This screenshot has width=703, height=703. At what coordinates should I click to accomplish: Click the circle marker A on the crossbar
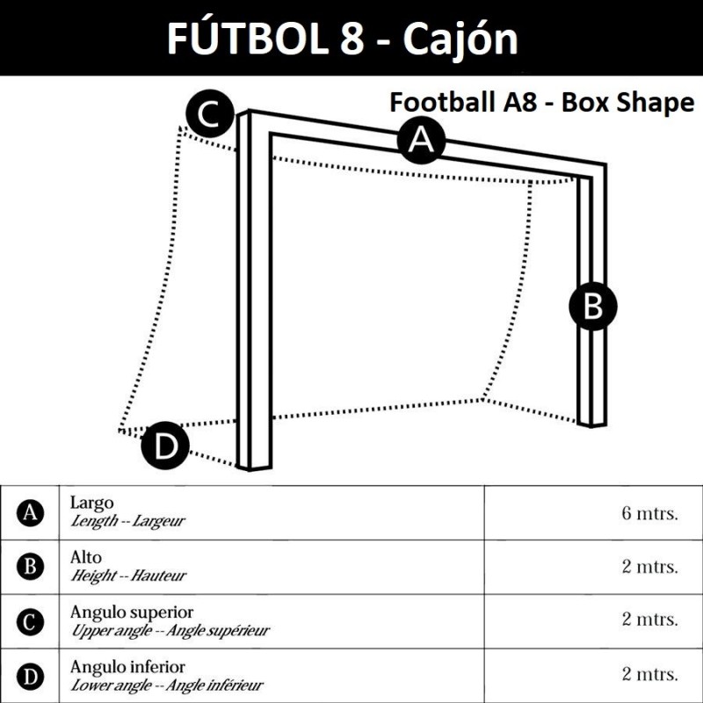[x=422, y=141]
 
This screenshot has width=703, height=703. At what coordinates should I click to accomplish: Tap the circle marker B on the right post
[x=593, y=307]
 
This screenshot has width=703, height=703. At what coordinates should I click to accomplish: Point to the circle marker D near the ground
[x=165, y=446]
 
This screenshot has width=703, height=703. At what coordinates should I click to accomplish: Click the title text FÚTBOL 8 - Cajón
[x=342, y=39]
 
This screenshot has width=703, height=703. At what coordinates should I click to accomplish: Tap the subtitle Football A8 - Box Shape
[x=541, y=103]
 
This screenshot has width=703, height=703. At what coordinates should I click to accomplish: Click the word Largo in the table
[x=91, y=504]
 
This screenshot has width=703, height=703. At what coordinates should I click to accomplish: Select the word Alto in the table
[x=86, y=558]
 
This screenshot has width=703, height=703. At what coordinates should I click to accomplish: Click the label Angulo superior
[x=132, y=612]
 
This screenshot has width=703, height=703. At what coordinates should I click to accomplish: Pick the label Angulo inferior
[x=127, y=667]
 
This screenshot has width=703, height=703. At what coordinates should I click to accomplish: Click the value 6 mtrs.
[x=649, y=513]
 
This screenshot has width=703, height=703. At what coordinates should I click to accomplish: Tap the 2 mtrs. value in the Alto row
[x=649, y=567]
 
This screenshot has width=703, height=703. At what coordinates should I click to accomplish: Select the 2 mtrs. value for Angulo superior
[x=649, y=620]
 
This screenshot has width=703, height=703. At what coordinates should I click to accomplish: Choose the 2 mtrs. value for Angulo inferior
[x=649, y=675]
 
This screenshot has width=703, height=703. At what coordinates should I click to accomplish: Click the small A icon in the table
[x=31, y=513]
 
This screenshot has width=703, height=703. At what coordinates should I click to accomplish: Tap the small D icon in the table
[x=31, y=677]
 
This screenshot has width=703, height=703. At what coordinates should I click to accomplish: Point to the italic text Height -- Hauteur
[x=128, y=576]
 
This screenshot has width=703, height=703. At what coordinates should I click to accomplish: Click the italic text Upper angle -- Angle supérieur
[x=170, y=630]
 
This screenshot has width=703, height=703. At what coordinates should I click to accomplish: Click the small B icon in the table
[x=31, y=568]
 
